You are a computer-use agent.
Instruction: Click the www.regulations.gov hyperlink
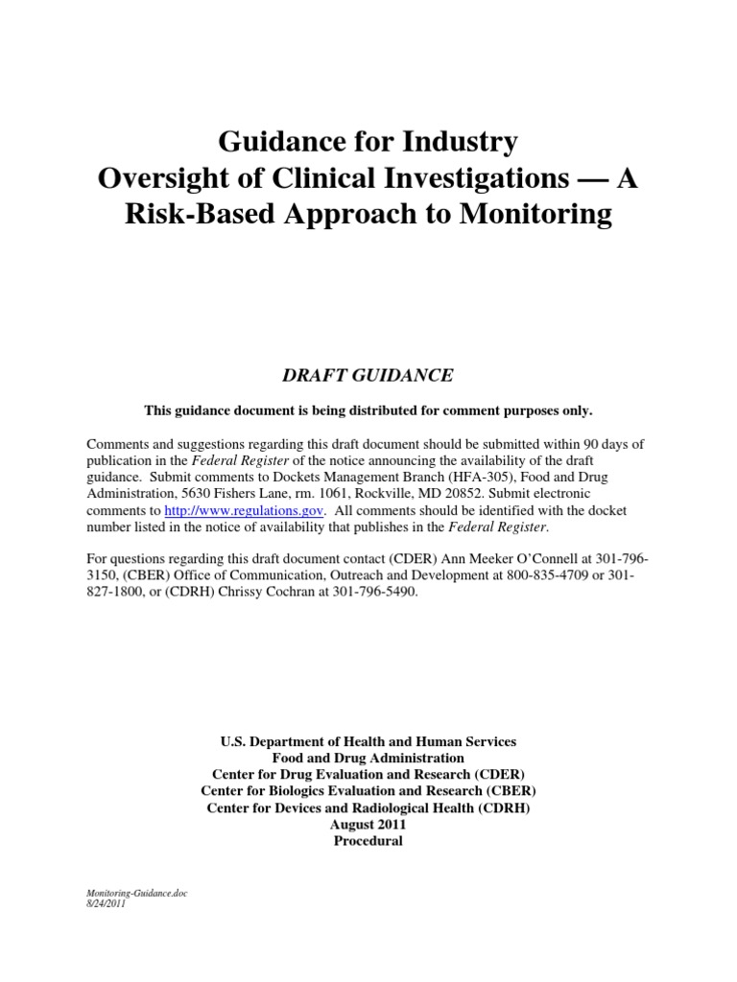pyautogui.click(x=245, y=512)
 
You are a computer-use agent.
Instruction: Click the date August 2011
pyautogui.click(x=368, y=825)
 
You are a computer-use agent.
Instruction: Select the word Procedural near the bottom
pyautogui.click(x=368, y=841)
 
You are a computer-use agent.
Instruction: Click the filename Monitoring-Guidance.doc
pyautogui.click(x=137, y=893)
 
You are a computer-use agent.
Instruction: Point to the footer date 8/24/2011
pyautogui.click(x=106, y=903)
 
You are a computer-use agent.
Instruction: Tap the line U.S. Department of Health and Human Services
pyautogui.click(x=368, y=741)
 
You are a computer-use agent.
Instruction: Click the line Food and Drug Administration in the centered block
pyautogui.click(x=368, y=758)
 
